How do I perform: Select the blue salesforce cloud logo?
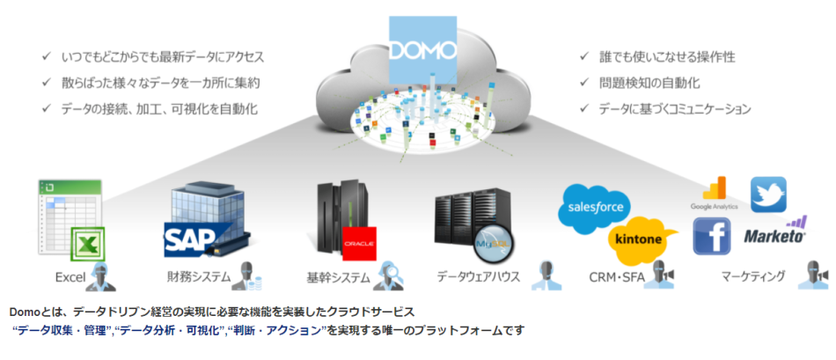click(x=595, y=208)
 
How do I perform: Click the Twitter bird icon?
click(x=767, y=195)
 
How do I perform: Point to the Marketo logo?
click(x=775, y=233)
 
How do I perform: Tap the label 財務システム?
click(x=199, y=277)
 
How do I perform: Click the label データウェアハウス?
click(x=479, y=277)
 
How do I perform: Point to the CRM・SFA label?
click(x=619, y=277)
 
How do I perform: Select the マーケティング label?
click(x=752, y=277)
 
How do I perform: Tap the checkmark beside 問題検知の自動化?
click(x=583, y=83)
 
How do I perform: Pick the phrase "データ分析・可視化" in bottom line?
click(x=172, y=330)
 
